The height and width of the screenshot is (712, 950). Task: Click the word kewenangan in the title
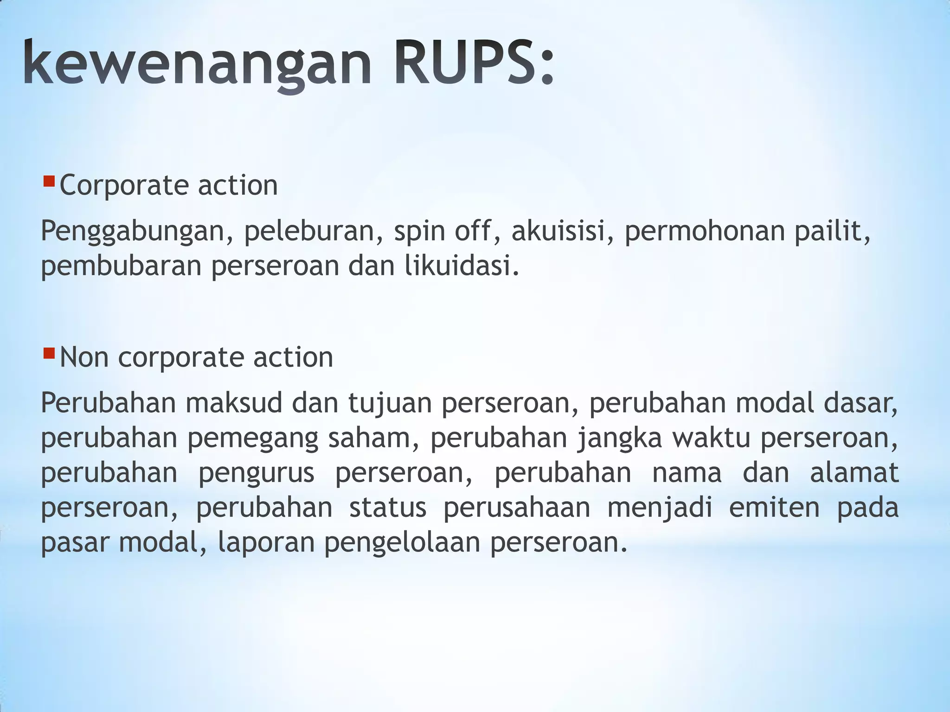click(x=197, y=64)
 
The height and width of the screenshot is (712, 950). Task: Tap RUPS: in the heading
click(x=474, y=64)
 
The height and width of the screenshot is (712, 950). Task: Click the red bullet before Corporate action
click(x=49, y=180)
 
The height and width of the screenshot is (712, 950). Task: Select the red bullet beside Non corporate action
click(x=49, y=353)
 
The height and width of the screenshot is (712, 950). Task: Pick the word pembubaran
click(x=121, y=266)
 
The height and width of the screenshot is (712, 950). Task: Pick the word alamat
click(x=854, y=472)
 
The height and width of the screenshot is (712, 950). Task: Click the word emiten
click(x=774, y=507)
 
